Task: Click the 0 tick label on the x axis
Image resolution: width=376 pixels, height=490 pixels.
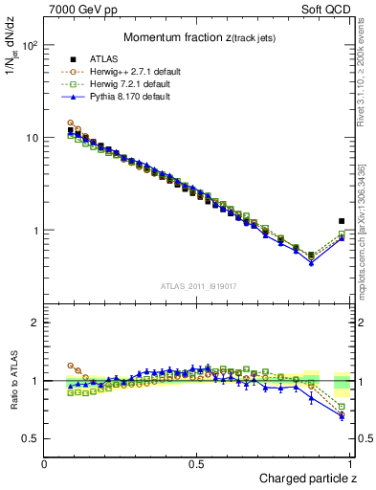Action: pyautogui.click(x=45, y=464)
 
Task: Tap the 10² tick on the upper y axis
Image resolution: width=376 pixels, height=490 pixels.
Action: pyautogui.click(x=31, y=45)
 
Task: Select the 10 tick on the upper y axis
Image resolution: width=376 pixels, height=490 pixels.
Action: pyautogui.click(x=33, y=138)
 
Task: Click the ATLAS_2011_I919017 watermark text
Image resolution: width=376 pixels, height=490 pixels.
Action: pyautogui.click(x=197, y=286)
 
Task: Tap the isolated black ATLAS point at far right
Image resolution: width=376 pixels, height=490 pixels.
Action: pyautogui.click(x=342, y=221)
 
